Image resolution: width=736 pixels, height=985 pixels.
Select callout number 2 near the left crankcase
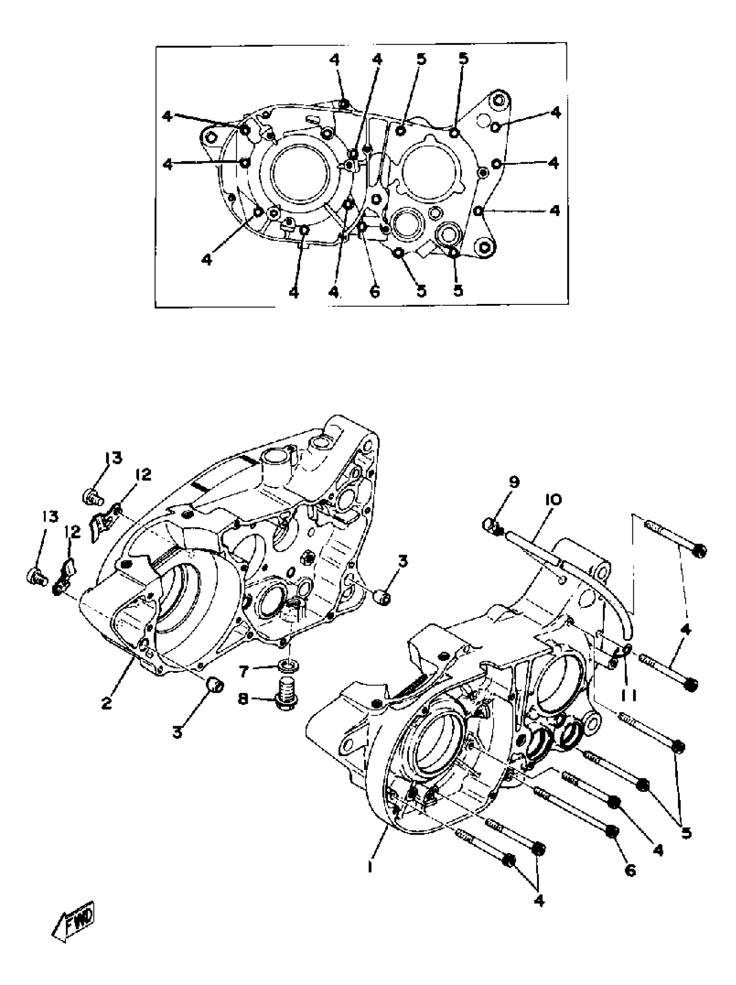106,704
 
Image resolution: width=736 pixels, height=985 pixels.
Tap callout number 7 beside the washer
243,671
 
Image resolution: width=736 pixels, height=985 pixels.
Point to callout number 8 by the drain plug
243,700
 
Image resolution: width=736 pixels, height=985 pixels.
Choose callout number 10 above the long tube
552,499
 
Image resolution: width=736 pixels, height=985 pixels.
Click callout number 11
629,695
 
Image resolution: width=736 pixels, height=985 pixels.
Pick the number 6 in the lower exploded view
630,870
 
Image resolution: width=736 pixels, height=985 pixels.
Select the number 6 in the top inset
374,291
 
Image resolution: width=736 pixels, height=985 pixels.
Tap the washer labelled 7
288,667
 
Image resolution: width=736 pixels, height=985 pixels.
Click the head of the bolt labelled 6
613,831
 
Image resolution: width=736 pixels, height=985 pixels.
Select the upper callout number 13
113,458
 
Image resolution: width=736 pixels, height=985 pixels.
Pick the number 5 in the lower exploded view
687,832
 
